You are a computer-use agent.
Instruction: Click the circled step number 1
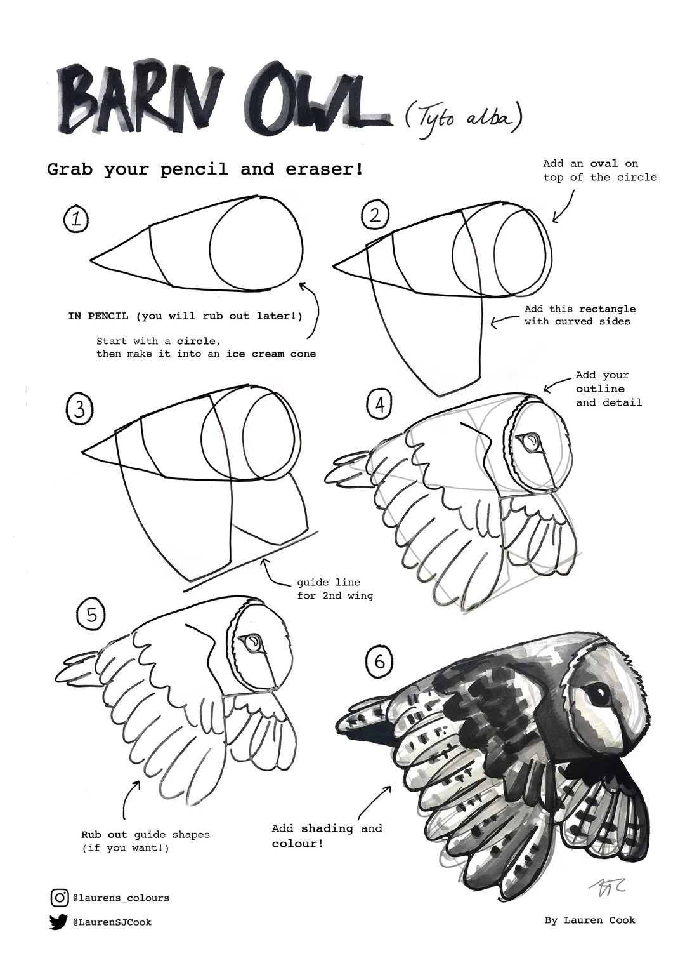tap(76, 220)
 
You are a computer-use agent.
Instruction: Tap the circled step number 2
tap(375, 215)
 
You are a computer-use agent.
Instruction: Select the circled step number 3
tap(79, 409)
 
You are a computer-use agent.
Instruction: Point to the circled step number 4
tap(380, 404)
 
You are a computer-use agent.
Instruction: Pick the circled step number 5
tap(91, 615)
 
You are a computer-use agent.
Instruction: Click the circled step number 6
tap(379, 661)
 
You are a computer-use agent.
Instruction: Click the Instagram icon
tap(59, 898)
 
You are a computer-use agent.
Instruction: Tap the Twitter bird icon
tap(58, 922)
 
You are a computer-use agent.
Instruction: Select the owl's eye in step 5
tap(254, 643)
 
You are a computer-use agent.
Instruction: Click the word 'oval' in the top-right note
tap(603, 164)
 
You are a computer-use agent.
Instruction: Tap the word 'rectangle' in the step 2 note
tap(606, 309)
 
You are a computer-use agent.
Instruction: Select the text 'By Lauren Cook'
tap(589, 920)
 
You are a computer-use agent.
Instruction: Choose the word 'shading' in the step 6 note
tap(327, 828)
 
